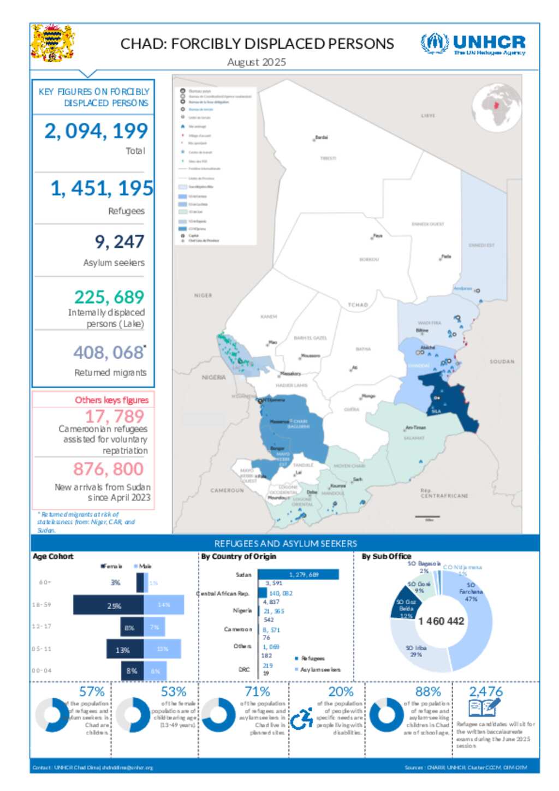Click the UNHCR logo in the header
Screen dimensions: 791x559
coord(473,44)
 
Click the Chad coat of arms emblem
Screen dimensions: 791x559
coord(52,43)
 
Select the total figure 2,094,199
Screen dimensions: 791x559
coord(96,131)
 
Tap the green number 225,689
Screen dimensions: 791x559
coord(109,297)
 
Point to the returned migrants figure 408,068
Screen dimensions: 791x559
coord(109,353)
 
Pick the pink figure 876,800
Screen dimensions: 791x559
coord(108,469)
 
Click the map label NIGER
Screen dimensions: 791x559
coord(203,295)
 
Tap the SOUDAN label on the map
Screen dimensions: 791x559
coord(502,361)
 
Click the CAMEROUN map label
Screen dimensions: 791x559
coord(227,490)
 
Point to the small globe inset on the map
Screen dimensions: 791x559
coord(496,108)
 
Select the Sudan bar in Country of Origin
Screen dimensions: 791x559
coord(298,574)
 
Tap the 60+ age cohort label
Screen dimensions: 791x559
coord(45,582)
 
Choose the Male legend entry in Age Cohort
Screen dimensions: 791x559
coord(143,566)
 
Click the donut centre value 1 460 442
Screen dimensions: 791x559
coord(441,621)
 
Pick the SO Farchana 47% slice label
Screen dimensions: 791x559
coord(471,592)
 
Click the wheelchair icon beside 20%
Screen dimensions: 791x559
coord(301,719)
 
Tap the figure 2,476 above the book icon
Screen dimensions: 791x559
coord(486,692)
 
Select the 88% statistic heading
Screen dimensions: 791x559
coord(428,692)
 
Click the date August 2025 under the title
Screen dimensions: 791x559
coord(257,62)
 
